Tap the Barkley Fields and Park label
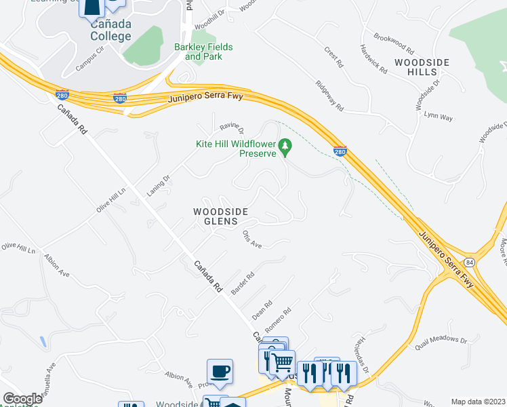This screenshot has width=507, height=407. [203, 52]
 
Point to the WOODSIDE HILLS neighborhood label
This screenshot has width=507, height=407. [423, 67]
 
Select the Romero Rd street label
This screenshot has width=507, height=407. [278, 319]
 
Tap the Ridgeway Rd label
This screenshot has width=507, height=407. [329, 96]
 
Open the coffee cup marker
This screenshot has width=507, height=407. [220, 372]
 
